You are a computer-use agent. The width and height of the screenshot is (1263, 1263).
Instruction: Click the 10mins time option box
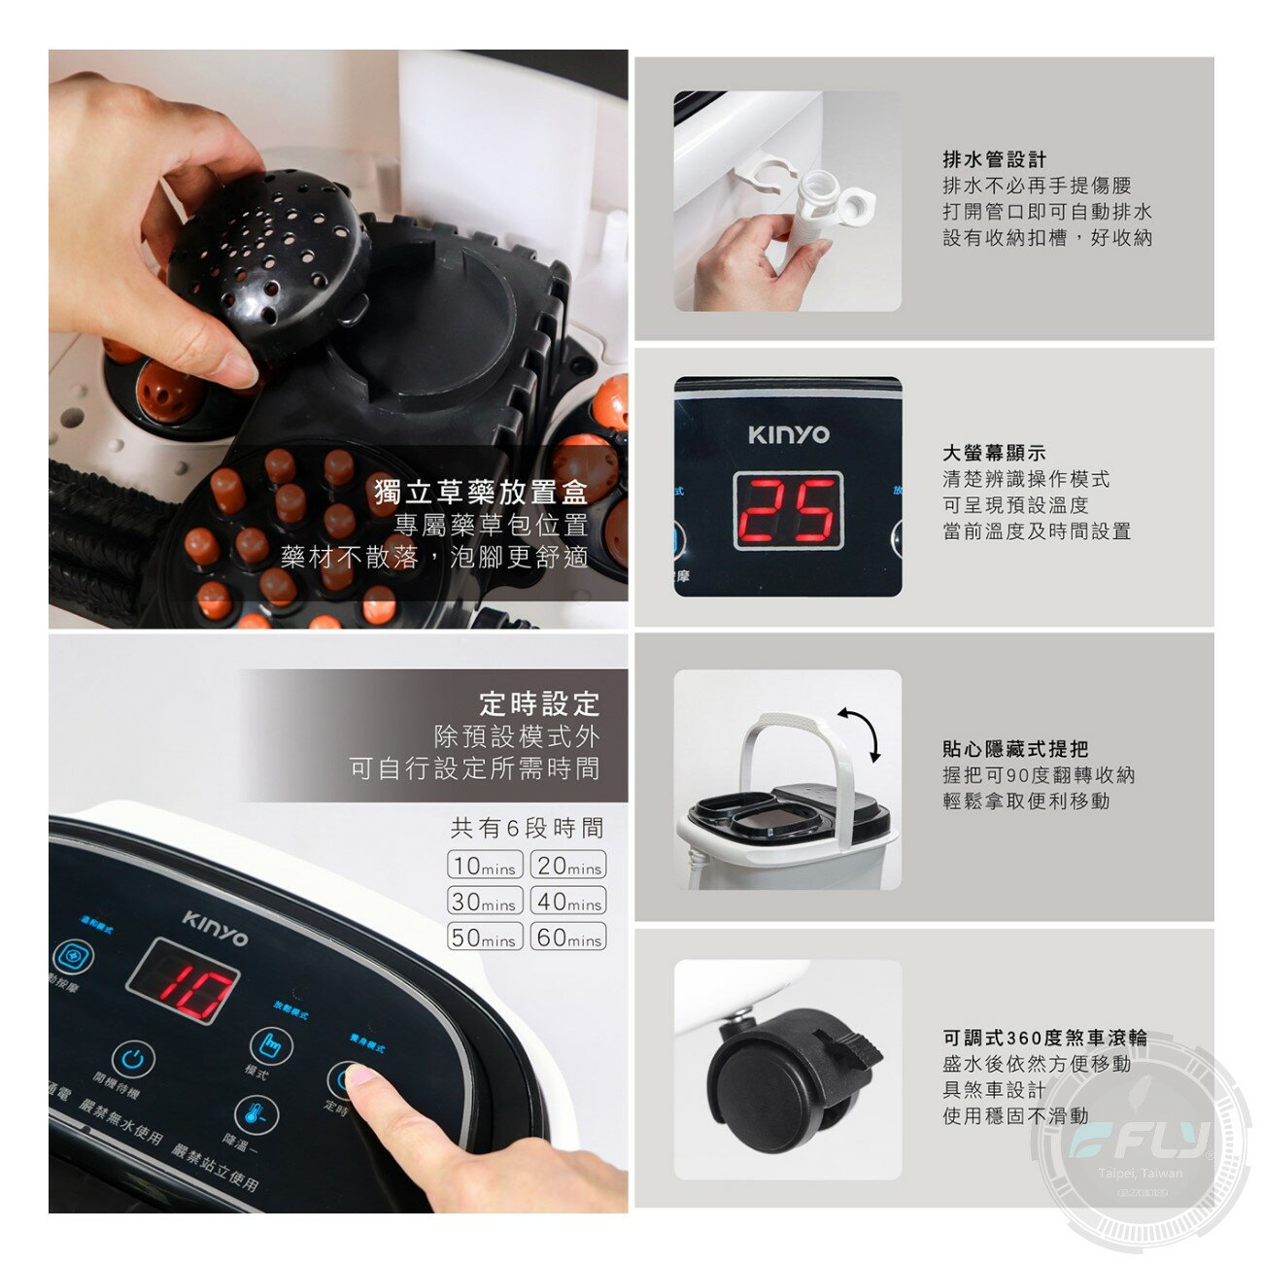pos(485,865)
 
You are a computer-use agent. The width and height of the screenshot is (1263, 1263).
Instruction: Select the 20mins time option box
pos(568,865)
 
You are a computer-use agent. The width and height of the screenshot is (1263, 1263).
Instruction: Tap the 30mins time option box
pos(485,901)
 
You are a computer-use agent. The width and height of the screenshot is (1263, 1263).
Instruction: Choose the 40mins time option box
pos(568,901)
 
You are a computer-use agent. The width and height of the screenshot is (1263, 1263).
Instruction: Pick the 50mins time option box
pos(485,938)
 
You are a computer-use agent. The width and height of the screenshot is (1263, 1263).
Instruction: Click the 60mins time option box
pos(568,938)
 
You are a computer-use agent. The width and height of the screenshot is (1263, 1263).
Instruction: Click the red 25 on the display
pos(788,511)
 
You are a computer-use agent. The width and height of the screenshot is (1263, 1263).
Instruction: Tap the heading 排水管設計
pos(994,159)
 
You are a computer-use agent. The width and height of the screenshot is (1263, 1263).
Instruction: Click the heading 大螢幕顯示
pos(994,453)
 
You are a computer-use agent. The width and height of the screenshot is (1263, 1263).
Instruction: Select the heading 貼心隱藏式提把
pos(1014,749)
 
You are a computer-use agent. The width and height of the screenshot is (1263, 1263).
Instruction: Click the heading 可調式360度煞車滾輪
pos(1044,1038)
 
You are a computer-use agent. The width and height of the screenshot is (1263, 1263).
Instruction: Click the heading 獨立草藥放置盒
pos(481,492)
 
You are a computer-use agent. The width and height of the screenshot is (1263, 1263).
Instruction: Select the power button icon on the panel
pos(132,1058)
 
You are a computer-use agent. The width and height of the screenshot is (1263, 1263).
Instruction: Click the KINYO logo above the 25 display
pos(788,434)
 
